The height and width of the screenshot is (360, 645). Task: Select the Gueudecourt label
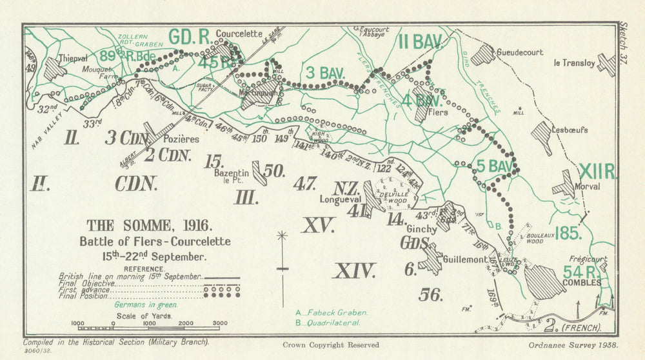(x=520, y=52)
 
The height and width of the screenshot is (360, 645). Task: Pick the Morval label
(x=586, y=186)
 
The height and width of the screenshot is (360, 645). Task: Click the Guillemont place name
(x=465, y=259)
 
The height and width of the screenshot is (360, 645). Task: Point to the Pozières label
(x=181, y=139)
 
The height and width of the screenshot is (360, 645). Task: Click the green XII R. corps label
(x=597, y=172)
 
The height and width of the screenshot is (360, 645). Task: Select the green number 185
(x=568, y=233)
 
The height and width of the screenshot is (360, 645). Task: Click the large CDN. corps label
(x=136, y=183)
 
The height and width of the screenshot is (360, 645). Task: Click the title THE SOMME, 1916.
(x=148, y=226)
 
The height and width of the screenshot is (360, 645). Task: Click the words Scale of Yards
(x=143, y=316)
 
